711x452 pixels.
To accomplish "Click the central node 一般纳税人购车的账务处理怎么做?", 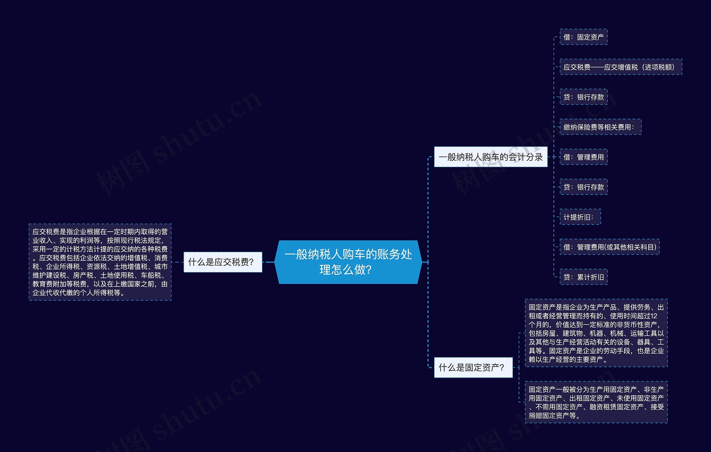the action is pyautogui.click(x=348, y=262).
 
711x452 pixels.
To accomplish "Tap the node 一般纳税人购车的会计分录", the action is pyautogui.click(x=490, y=157).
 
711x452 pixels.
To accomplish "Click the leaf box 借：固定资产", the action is pyautogui.click(x=584, y=37).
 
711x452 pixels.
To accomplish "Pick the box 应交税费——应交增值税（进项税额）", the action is pyautogui.click(x=621, y=67).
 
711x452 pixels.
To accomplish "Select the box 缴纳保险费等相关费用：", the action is pyautogui.click(x=600, y=127).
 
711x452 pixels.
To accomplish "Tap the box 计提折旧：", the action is pyautogui.click(x=580, y=217).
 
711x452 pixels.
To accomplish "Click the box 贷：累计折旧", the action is pyautogui.click(x=584, y=277).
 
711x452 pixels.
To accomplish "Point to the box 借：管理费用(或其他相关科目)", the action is pyautogui.click(x=609, y=247).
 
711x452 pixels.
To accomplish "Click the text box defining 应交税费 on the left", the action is pyautogui.click(x=100, y=262).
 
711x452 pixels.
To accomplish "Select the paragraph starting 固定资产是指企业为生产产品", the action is pyautogui.click(x=596, y=333).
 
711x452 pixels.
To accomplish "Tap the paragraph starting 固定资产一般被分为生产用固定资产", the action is pyautogui.click(x=596, y=402).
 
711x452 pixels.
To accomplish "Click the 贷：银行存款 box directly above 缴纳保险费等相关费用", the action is pyautogui.click(x=584, y=97).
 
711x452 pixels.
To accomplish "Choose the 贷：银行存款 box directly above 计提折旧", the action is pyautogui.click(x=584, y=187).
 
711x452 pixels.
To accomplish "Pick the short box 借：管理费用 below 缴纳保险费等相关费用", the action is pyautogui.click(x=584, y=157).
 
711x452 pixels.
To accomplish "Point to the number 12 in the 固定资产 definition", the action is pyautogui.click(x=654, y=316).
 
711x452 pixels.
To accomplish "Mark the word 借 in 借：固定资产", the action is pyautogui.click(x=567, y=37).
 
